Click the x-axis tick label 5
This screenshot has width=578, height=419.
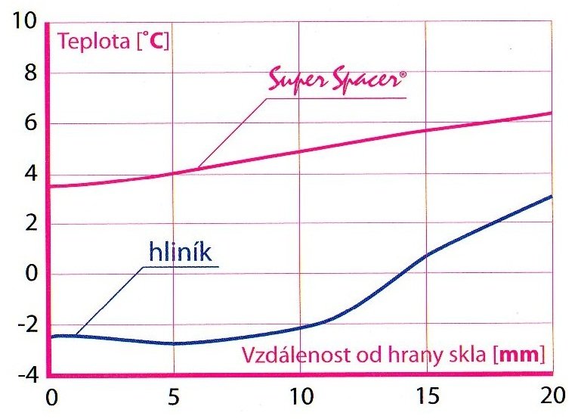pos(175,396)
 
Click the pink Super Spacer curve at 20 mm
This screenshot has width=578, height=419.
pos(550,113)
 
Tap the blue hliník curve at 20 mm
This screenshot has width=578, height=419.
pos(550,197)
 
